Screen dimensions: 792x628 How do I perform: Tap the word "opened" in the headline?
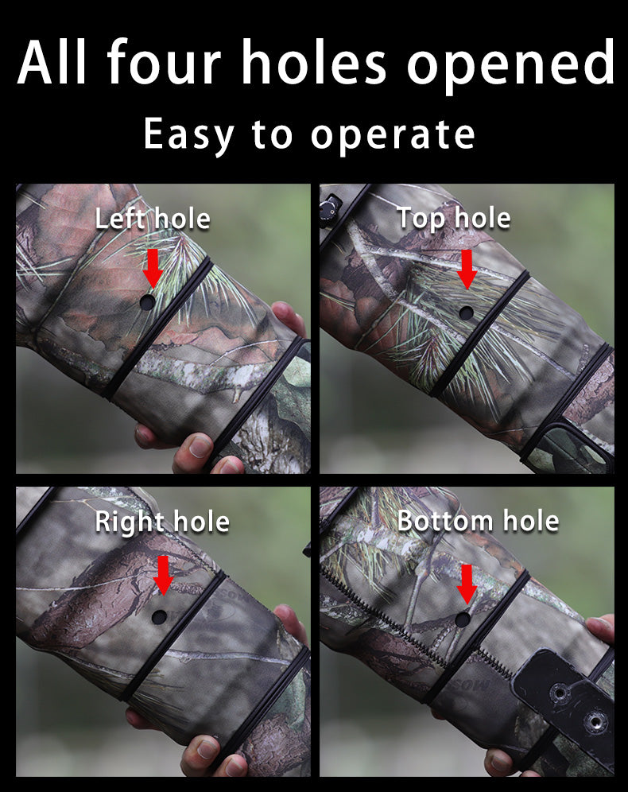point(511,64)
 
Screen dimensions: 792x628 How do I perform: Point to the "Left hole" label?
point(153,218)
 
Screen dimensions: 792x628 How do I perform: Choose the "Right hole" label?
point(162,522)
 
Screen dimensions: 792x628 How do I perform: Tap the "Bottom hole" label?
point(478,521)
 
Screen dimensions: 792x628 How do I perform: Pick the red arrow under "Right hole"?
point(163,574)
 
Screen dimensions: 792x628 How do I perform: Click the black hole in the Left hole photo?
point(147,302)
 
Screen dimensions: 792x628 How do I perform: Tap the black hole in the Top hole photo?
point(466,313)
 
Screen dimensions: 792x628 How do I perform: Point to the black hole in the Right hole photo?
point(159,617)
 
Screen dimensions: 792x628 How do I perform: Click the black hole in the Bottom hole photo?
point(462,619)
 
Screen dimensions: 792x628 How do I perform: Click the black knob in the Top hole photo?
point(326,208)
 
